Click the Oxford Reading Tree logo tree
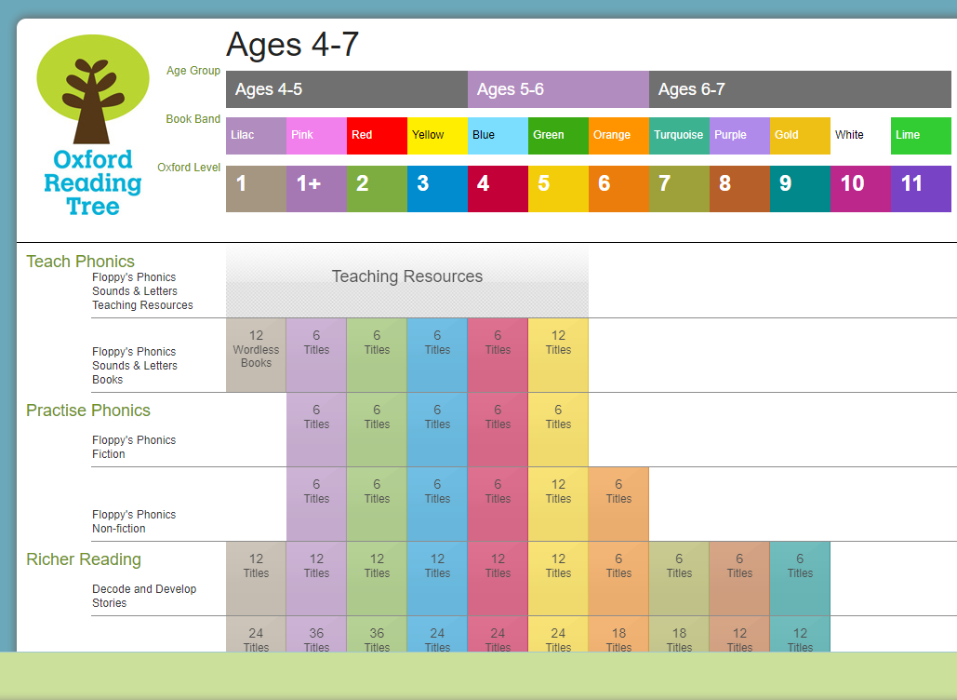(x=93, y=89)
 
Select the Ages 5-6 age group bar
(x=558, y=89)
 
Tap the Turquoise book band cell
(x=679, y=136)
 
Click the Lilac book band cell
(x=257, y=136)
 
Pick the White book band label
(x=849, y=135)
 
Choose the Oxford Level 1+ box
(x=317, y=189)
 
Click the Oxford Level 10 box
(x=860, y=189)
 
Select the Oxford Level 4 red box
(x=498, y=189)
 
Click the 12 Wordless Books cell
(x=257, y=355)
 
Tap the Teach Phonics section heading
(x=81, y=262)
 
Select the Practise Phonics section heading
(x=88, y=411)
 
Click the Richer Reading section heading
(x=84, y=559)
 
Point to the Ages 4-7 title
(x=292, y=45)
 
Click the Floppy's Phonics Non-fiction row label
(x=134, y=521)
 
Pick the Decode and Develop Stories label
(x=145, y=596)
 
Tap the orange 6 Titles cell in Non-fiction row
(x=618, y=504)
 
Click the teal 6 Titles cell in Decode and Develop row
(x=800, y=578)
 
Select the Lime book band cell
(x=921, y=136)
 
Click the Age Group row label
(x=193, y=71)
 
